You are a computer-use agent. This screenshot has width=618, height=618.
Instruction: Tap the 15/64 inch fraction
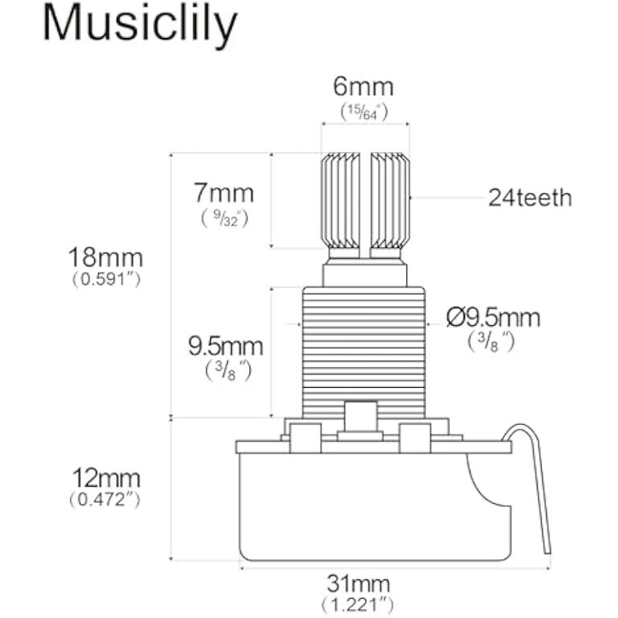363,112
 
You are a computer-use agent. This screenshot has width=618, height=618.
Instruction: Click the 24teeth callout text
529,197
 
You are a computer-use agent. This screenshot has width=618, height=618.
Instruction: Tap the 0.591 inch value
105,280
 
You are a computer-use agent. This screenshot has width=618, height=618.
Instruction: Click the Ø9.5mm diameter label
493,317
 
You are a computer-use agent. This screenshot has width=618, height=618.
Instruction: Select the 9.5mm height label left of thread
225,347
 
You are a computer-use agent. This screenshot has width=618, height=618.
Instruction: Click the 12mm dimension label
105,479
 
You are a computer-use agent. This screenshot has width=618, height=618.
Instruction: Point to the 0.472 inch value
105,500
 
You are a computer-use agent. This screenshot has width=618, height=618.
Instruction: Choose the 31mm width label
357,583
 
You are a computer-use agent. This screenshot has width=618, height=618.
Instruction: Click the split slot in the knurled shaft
365,201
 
